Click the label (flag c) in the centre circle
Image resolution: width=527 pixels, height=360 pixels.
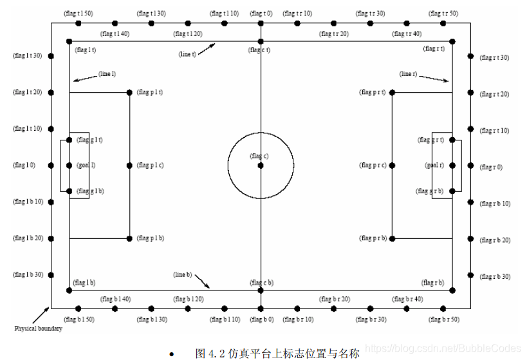(259, 156)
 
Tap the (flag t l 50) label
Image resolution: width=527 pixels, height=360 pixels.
(79, 14)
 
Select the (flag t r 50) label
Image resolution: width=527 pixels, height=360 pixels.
(444, 14)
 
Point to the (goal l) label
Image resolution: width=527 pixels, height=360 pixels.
(86, 166)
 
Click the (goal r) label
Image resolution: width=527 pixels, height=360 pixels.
(434, 166)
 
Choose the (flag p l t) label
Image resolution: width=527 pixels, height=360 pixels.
(149, 93)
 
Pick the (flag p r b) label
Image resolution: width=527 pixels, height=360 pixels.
(373, 239)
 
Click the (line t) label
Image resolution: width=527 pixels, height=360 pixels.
(187, 54)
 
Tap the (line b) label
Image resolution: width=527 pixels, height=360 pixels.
(182, 275)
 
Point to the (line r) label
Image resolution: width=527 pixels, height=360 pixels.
(408, 74)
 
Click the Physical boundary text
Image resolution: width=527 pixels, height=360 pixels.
(39, 329)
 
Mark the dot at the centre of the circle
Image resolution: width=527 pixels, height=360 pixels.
(261, 166)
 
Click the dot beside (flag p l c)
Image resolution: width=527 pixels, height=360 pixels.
(129, 166)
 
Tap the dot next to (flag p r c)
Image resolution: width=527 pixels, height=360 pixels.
(392, 166)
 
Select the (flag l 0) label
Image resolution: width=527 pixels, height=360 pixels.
(24, 166)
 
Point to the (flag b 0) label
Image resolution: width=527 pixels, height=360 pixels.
(261, 319)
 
